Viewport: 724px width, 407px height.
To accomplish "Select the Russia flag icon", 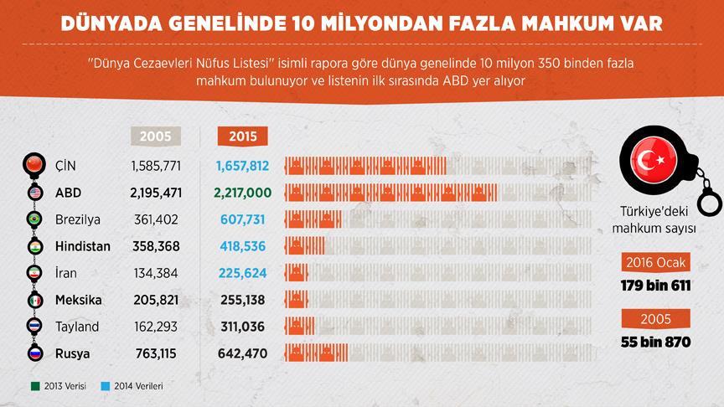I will point(35,353).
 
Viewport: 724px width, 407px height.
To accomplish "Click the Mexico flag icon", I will point(35,299).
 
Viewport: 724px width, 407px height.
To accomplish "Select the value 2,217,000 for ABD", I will point(242,193).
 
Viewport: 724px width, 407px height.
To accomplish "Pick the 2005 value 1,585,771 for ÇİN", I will point(156,166).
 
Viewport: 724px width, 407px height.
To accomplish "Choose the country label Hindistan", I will point(82,246).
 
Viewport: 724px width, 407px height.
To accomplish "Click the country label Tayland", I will point(77,327).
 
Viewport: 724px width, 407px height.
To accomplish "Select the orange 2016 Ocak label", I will point(656,264).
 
